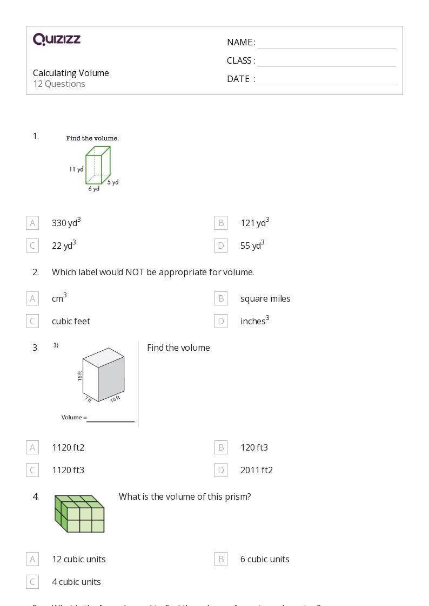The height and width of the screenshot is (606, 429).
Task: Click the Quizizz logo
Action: coord(57,39)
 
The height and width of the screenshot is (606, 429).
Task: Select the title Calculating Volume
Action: coord(71,73)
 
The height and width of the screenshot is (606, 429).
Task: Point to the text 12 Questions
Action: coord(59,84)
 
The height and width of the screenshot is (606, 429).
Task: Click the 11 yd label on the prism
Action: coord(76,169)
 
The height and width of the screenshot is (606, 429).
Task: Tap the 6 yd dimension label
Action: coord(94,189)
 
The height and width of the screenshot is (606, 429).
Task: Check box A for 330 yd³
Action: coord(32,223)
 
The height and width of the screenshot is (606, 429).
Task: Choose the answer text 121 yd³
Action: coord(254,222)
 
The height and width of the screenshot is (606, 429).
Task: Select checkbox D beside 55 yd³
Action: coord(221,246)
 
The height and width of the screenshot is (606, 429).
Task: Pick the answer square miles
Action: coord(265,298)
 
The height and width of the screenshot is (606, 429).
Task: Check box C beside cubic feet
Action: coord(32,321)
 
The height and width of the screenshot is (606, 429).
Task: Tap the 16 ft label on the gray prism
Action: coord(80,376)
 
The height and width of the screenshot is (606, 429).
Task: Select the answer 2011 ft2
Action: coord(257,470)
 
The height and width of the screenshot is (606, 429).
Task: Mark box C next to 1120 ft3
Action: coord(32,470)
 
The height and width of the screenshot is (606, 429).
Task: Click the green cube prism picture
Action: coord(79,514)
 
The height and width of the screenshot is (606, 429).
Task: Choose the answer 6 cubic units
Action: coord(265,559)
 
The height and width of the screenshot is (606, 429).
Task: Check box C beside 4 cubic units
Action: coord(32,582)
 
